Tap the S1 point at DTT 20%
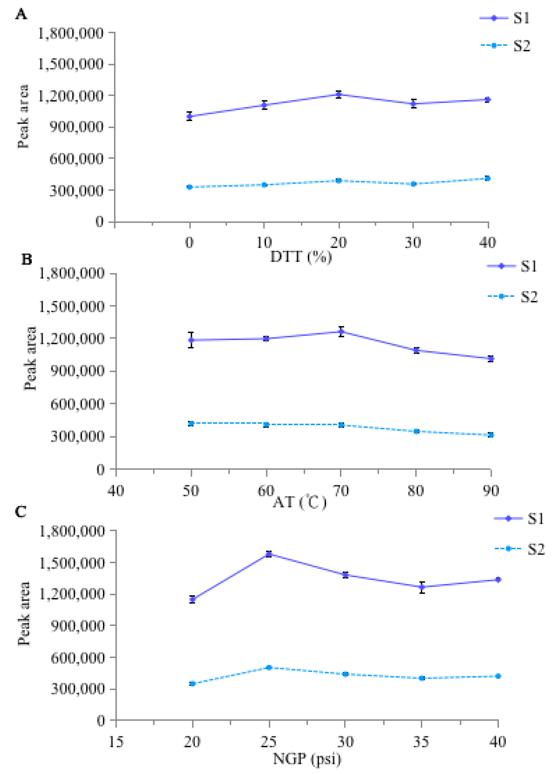click(x=338, y=95)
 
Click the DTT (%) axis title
click(x=301, y=257)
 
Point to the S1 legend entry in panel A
click(x=505, y=18)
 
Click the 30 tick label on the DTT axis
click(x=413, y=243)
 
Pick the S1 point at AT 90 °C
click(x=491, y=359)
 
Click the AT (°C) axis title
click(x=300, y=502)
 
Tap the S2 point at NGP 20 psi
click(x=192, y=684)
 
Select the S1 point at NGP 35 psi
click(x=422, y=587)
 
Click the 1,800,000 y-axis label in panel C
click(x=72, y=531)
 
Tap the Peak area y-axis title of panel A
click(x=23, y=116)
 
